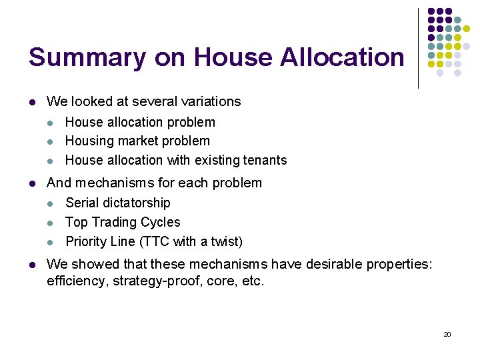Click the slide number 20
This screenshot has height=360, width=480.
tap(447, 334)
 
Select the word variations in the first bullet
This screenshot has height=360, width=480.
tap(208, 102)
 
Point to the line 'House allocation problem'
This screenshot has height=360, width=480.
tap(140, 122)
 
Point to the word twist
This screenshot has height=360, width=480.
tap(225, 241)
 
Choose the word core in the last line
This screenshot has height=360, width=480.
tap(220, 281)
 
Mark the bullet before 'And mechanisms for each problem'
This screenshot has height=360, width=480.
tap(32, 183)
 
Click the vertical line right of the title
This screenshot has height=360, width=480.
tap(418, 48)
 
